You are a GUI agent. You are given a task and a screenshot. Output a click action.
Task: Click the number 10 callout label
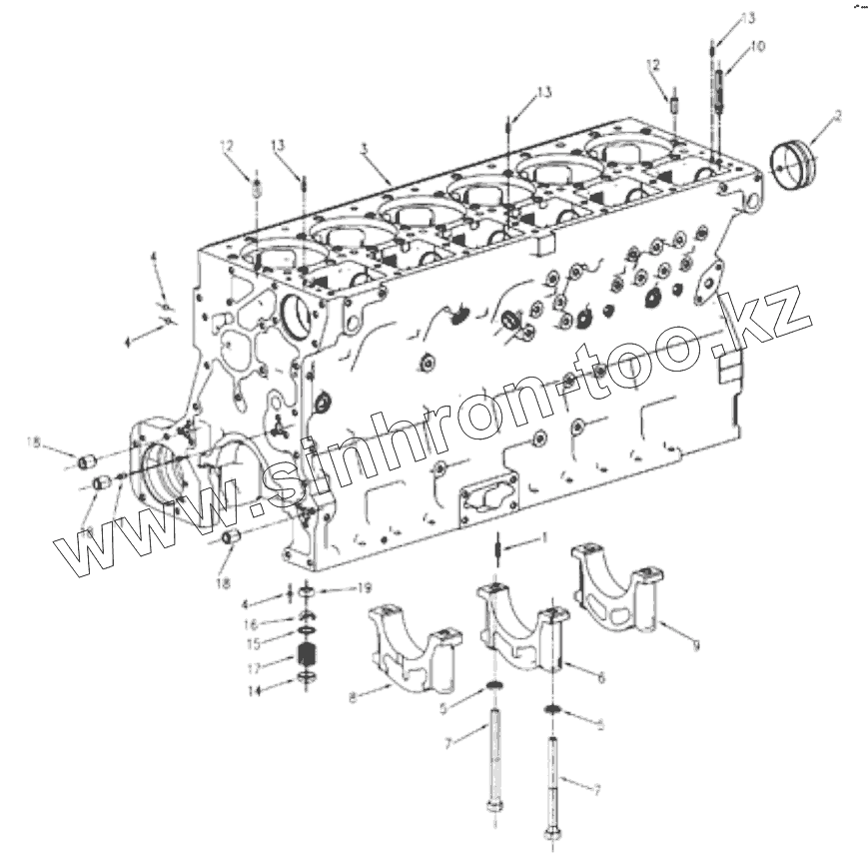(758, 45)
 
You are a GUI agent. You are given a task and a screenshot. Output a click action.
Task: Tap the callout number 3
(364, 148)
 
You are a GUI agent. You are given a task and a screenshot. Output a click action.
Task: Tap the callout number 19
(365, 589)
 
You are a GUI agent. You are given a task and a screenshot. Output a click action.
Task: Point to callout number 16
(253, 622)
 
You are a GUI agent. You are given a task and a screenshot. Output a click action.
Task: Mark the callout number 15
(253, 642)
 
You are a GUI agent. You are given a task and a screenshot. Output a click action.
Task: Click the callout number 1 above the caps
(544, 538)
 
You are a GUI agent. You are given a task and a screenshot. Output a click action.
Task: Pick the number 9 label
(696, 645)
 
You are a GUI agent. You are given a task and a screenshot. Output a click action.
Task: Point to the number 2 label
(837, 115)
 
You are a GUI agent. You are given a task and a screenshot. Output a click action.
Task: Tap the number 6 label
(601, 678)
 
